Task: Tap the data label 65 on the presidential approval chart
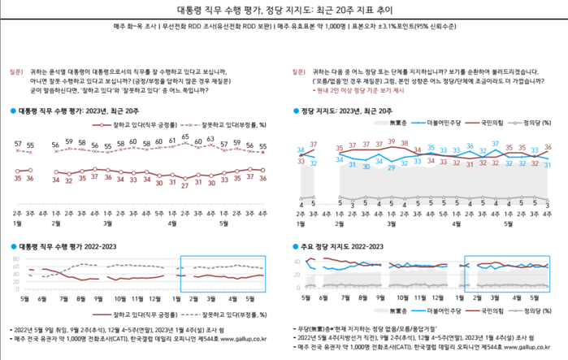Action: coord(185,137)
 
